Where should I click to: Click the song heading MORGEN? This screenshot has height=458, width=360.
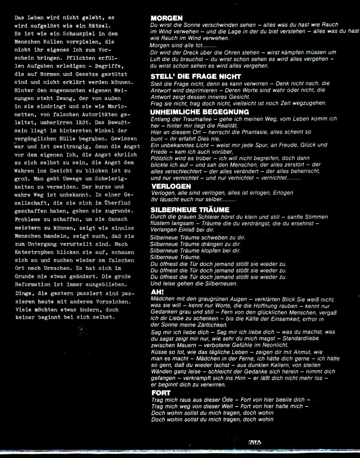click(x=167, y=18)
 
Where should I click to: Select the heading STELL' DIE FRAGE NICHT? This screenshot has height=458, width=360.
click(x=196, y=77)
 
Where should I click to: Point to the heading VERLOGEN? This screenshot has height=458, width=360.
click(x=171, y=187)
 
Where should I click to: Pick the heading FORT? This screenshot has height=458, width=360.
click(x=161, y=393)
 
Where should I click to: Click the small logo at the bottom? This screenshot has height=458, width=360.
click(x=255, y=442)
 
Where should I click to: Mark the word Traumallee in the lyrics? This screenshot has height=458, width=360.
click(x=185, y=119)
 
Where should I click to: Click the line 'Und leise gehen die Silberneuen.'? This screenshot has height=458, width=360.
click(x=194, y=284)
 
